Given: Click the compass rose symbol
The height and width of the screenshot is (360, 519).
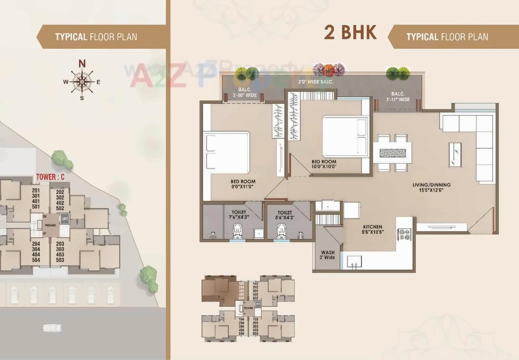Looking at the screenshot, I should click(x=82, y=81).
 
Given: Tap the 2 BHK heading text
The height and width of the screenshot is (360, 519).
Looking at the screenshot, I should click(x=350, y=32).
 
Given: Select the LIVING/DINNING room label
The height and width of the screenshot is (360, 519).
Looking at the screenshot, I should click(x=431, y=187).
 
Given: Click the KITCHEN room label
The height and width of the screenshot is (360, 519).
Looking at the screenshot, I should click(x=373, y=229).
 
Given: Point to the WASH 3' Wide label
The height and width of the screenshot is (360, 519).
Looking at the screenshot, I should click(x=328, y=255).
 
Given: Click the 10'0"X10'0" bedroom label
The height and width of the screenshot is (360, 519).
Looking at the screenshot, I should click(x=324, y=164).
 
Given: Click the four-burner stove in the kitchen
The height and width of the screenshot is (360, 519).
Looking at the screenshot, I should click(x=404, y=234).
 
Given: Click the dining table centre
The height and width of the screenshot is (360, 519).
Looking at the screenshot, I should click(x=392, y=153).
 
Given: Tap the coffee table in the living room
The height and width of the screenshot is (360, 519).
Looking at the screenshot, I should click(x=455, y=154).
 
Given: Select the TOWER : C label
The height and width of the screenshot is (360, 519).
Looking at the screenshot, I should click(x=50, y=177).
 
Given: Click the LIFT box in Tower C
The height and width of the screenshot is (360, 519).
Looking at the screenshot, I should click(x=64, y=219).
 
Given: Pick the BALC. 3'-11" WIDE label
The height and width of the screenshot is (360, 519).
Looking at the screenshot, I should click(x=398, y=96).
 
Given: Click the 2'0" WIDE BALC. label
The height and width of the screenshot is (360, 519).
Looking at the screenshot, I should click(x=321, y=82).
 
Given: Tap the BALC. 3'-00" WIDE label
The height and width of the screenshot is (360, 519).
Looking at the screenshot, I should click(x=244, y=93).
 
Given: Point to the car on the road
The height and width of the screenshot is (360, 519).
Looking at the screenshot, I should click(x=52, y=327).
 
